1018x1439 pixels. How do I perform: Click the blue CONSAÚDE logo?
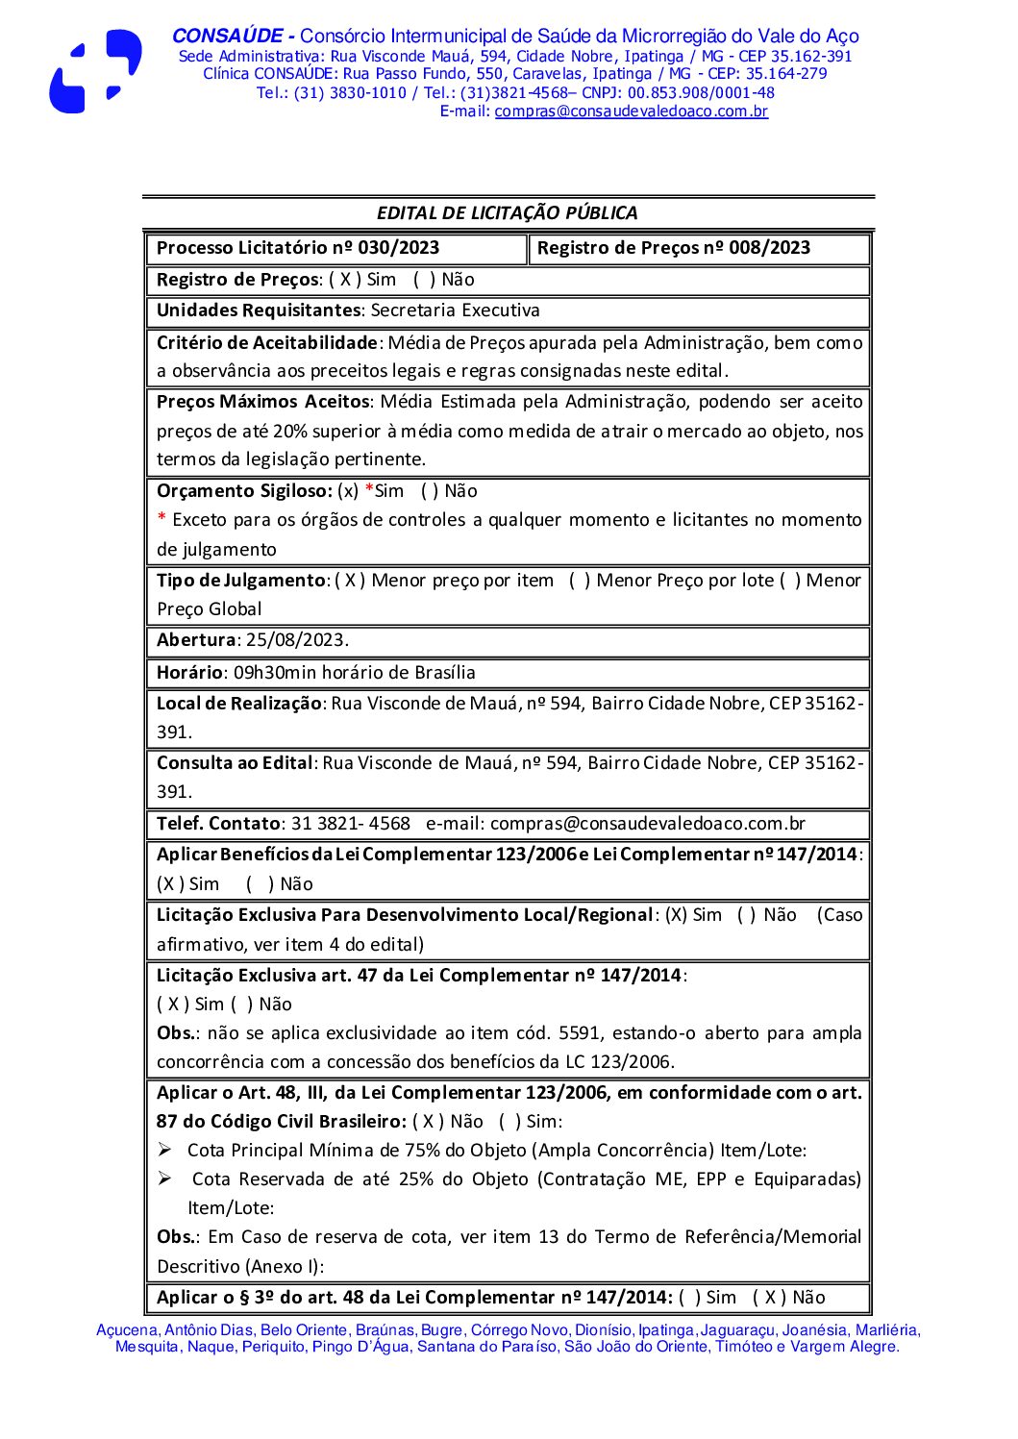[x=95, y=72]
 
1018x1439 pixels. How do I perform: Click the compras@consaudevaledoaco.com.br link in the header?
[x=631, y=112]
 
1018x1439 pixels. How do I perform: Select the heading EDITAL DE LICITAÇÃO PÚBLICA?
[x=507, y=213]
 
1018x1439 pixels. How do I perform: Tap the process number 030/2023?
[x=398, y=248]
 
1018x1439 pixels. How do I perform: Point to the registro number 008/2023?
[x=769, y=248]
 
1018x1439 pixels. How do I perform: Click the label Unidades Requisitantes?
[x=258, y=310]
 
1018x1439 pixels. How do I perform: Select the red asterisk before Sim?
[x=369, y=490]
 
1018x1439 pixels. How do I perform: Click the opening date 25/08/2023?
[x=296, y=640]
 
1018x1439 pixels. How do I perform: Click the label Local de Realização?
[x=238, y=704]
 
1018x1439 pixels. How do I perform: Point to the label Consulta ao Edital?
[x=235, y=763]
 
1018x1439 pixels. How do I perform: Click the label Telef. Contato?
[x=218, y=824]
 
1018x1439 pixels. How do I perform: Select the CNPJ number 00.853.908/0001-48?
[x=701, y=93]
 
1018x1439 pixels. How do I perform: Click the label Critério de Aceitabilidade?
[x=266, y=343]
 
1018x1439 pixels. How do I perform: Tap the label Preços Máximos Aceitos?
[x=262, y=402]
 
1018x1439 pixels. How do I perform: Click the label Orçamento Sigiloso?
[x=244, y=491]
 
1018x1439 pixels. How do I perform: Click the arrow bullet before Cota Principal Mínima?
[x=165, y=1150]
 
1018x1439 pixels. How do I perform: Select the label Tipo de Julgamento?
[x=240, y=581]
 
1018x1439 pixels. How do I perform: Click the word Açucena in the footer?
[x=127, y=1330]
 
